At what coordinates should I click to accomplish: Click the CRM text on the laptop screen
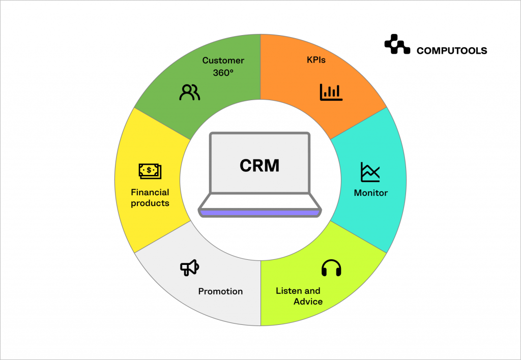pyautogui.click(x=260, y=165)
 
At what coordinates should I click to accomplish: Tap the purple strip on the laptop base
pyautogui.click(x=260, y=213)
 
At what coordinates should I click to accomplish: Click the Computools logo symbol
pyautogui.click(x=397, y=44)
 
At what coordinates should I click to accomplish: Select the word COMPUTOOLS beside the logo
pyautogui.click(x=451, y=50)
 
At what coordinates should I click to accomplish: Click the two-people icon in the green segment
pyautogui.click(x=190, y=92)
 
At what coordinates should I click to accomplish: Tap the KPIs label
pyautogui.click(x=316, y=60)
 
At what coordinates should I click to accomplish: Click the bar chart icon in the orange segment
pyautogui.click(x=331, y=92)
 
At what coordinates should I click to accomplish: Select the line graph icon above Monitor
pyautogui.click(x=370, y=172)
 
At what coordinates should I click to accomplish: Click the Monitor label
pyautogui.click(x=370, y=193)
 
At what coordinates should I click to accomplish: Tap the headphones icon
pyautogui.click(x=331, y=268)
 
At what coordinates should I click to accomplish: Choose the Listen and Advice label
pyautogui.click(x=299, y=296)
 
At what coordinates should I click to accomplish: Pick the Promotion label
pyautogui.click(x=220, y=291)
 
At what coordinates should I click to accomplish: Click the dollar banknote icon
pyautogui.click(x=150, y=171)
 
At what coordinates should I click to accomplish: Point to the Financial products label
pyautogui.click(x=150, y=198)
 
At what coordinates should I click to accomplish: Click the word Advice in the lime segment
pyautogui.click(x=308, y=302)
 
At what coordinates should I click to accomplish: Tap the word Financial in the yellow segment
pyautogui.click(x=150, y=192)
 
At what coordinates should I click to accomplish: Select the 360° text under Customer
pyautogui.click(x=223, y=73)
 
